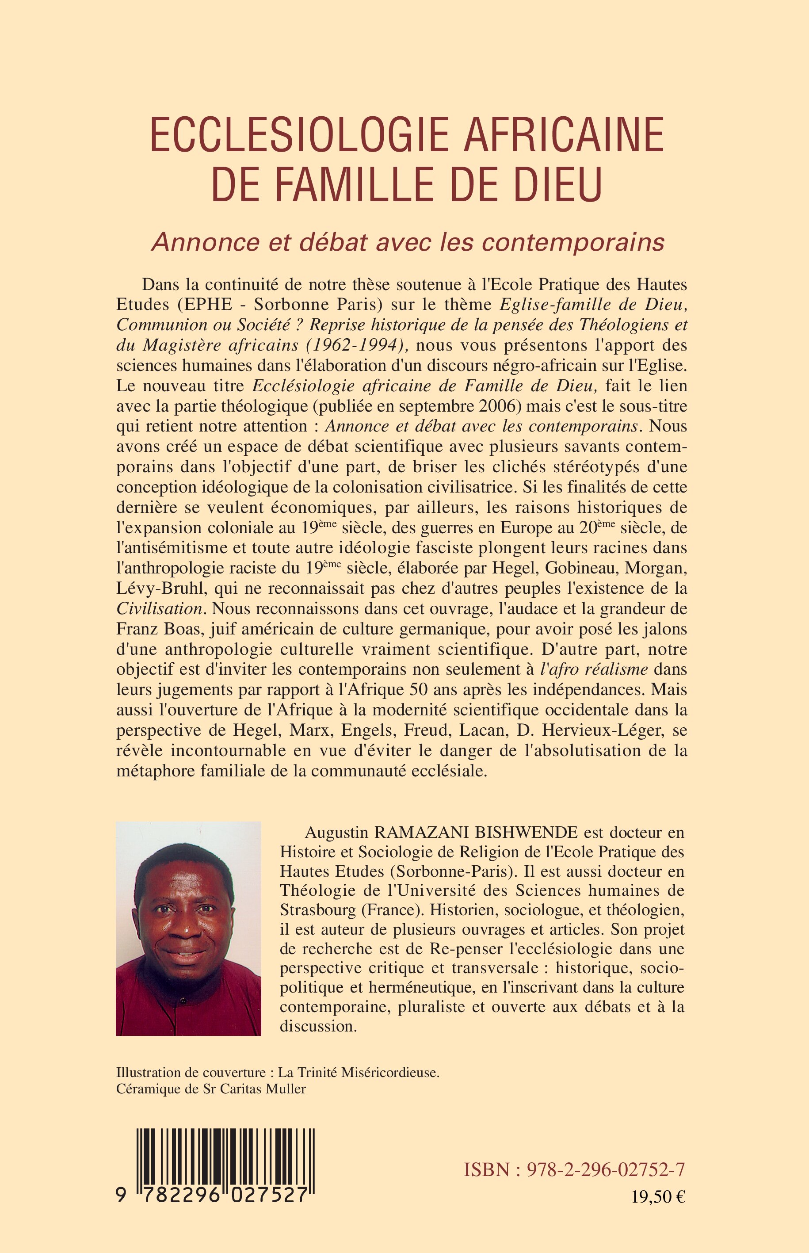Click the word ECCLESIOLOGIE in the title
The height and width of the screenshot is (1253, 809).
click(x=299, y=134)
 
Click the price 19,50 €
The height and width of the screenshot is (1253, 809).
click(x=658, y=1211)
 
